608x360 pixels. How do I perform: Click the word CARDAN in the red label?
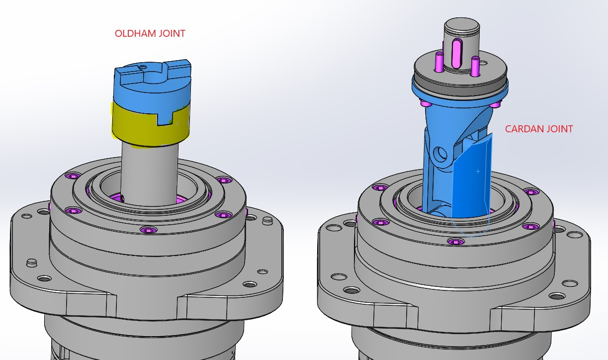[523, 129]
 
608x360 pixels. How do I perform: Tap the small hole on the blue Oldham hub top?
[142, 67]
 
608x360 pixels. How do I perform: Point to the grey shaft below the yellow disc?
[150, 174]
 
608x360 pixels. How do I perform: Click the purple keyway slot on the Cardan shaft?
[457, 53]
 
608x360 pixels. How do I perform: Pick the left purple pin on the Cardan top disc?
[439, 61]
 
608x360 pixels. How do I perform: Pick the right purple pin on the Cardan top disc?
[475, 66]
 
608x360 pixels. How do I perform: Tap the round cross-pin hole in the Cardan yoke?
[440, 154]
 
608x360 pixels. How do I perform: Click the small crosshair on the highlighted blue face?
[478, 172]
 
